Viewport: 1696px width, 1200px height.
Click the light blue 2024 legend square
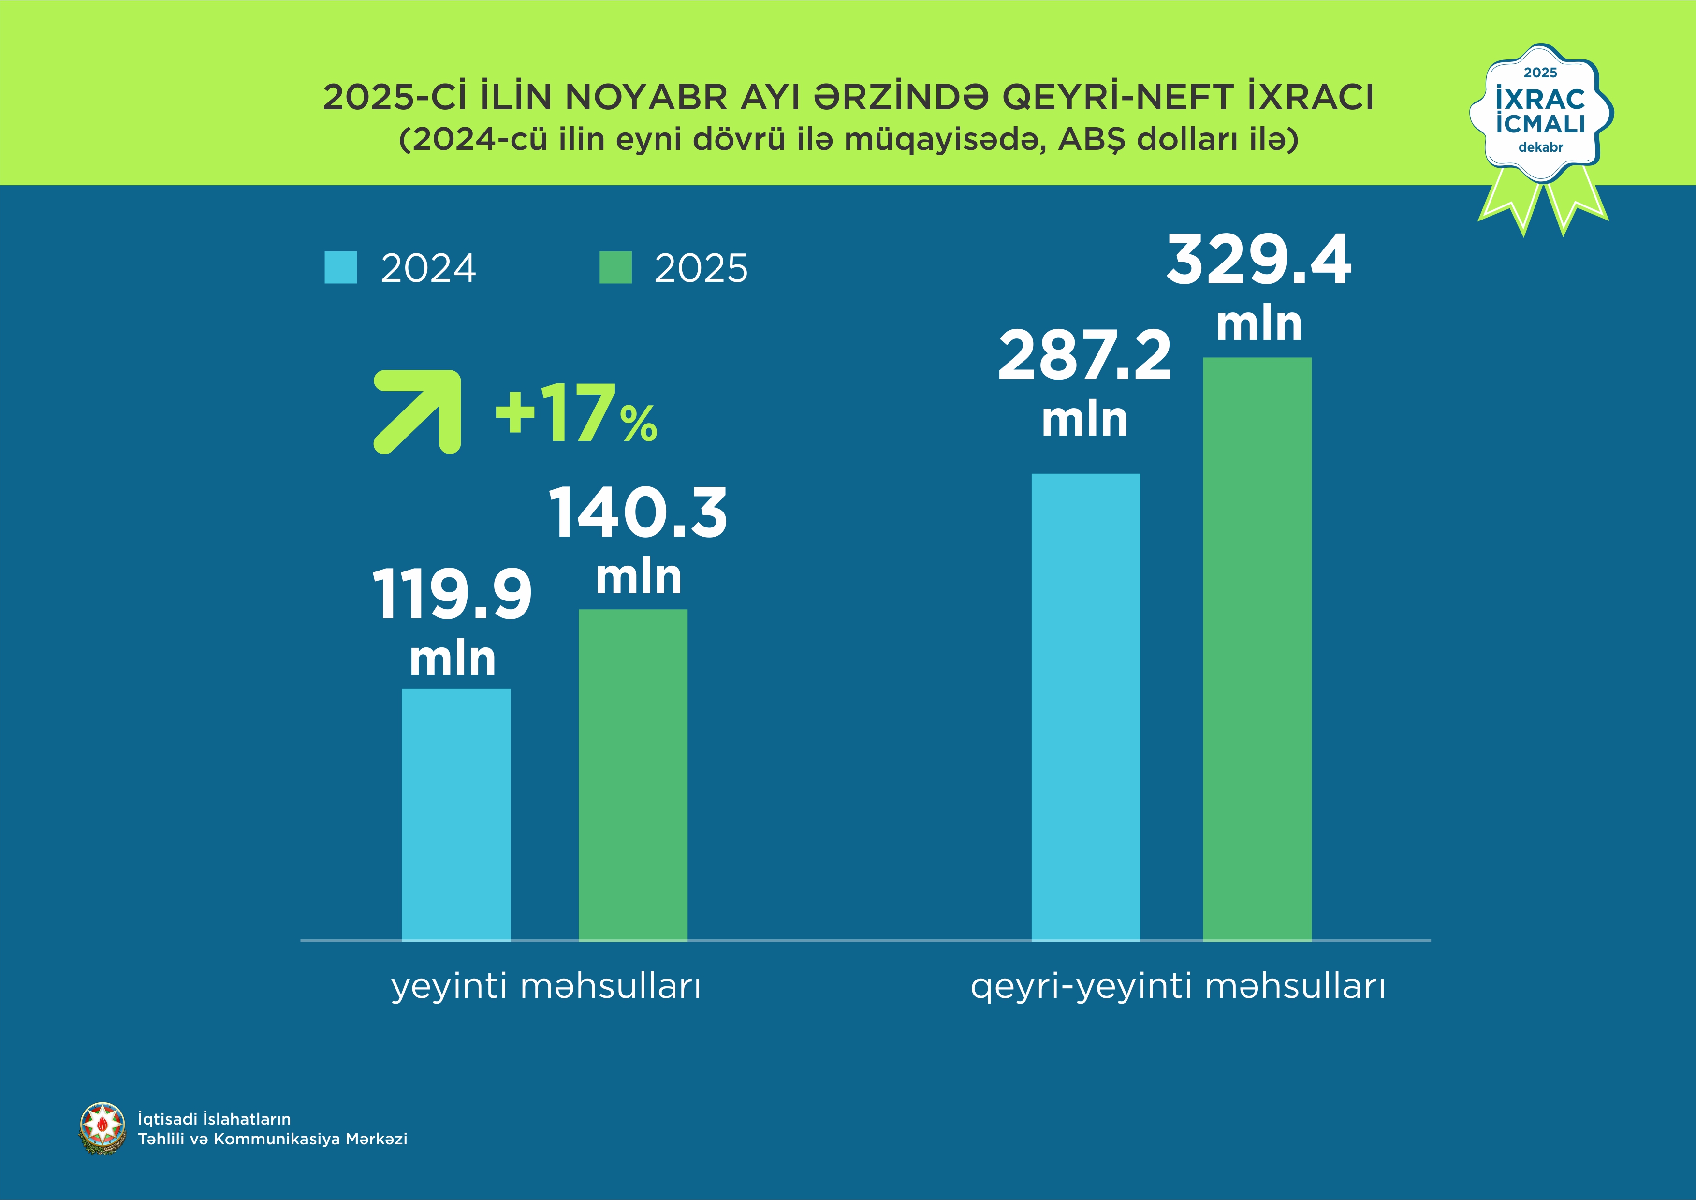point(340,267)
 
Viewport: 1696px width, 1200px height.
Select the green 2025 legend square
point(615,267)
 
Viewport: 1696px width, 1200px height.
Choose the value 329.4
point(1258,261)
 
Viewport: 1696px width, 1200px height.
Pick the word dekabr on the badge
point(1540,147)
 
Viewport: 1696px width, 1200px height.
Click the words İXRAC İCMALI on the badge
point(1540,111)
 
